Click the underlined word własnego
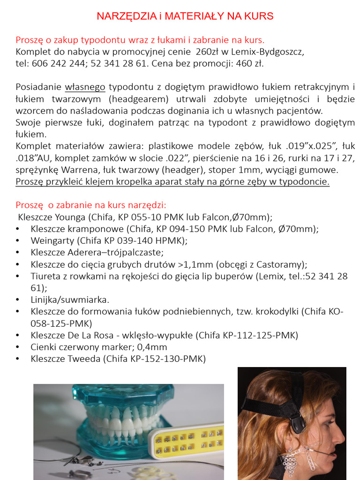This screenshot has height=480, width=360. coord(85,87)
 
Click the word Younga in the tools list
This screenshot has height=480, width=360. coord(71,217)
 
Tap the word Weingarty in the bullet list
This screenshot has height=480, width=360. coord(52,241)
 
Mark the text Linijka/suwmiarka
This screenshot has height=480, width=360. coord(70,300)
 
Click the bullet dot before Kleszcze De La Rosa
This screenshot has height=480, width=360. coord(18,336)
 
